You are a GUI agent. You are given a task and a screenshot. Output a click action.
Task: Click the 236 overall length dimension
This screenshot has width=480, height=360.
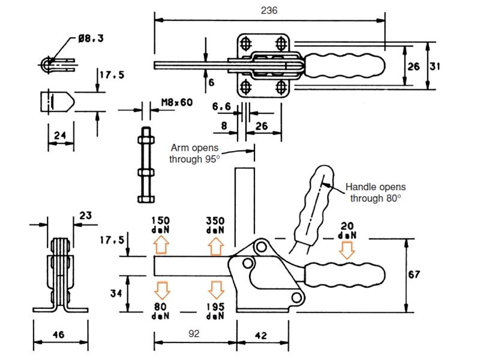pyautogui.click(x=269, y=10)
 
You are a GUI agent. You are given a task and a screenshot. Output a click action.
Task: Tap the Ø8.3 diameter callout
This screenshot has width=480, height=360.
pyautogui.click(x=91, y=38)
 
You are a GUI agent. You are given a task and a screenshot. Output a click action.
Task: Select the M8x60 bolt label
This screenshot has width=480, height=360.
pyautogui.click(x=177, y=102)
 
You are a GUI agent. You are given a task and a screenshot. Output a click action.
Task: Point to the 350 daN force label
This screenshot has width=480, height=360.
pyautogui.click(x=215, y=225)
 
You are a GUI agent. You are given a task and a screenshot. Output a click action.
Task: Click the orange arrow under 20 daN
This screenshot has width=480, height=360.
pyautogui.click(x=347, y=250)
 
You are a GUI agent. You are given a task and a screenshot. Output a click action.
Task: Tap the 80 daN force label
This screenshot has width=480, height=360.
pyautogui.click(x=160, y=311)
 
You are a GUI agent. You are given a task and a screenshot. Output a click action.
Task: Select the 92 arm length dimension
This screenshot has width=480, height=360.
pyautogui.click(x=194, y=334)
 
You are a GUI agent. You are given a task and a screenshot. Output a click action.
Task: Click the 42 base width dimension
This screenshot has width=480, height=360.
pyautogui.click(x=261, y=335)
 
